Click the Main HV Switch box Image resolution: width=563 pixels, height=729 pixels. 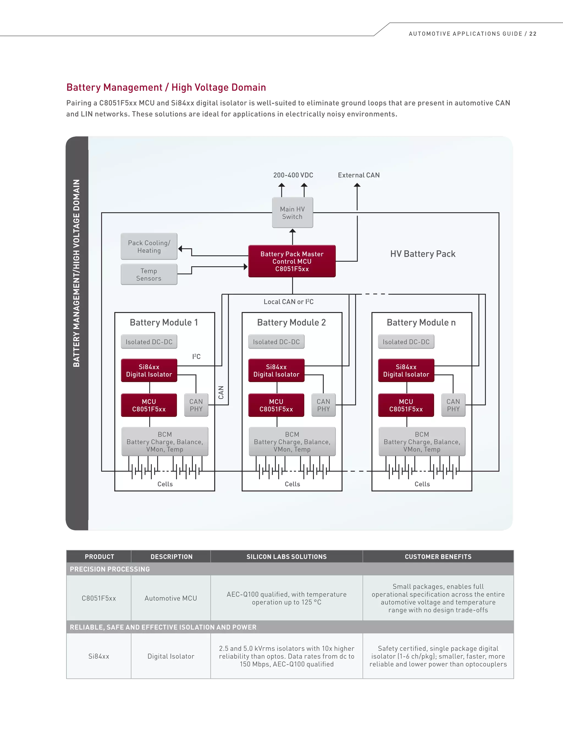[292, 213]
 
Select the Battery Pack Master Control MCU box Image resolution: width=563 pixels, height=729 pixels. [292, 261]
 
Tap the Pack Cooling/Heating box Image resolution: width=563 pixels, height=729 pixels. [149, 246]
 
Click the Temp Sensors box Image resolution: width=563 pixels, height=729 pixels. [149, 274]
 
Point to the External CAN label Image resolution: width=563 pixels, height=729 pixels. [358, 175]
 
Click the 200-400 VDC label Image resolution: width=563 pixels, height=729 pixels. [293, 175]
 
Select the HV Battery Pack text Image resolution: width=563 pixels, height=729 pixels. [423, 254]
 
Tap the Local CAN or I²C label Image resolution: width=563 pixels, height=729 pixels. [288, 302]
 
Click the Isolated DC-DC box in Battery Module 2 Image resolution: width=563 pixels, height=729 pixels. [276, 342]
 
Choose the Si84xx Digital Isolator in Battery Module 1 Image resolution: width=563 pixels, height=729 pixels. [149, 371]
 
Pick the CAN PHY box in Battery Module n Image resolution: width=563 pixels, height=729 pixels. [453, 405]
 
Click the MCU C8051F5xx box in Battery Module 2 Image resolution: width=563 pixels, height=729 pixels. [276, 405]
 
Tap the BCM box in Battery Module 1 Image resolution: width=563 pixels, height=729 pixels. [165, 442]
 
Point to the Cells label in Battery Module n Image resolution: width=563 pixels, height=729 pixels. [422, 484]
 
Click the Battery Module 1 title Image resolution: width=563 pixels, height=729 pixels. [164, 322]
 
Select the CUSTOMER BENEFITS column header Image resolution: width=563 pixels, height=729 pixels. [438, 557]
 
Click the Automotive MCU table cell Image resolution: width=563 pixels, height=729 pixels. [171, 598]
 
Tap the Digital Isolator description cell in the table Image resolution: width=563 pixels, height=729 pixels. [171, 656]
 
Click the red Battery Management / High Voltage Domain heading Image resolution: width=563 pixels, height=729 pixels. [166, 87]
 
